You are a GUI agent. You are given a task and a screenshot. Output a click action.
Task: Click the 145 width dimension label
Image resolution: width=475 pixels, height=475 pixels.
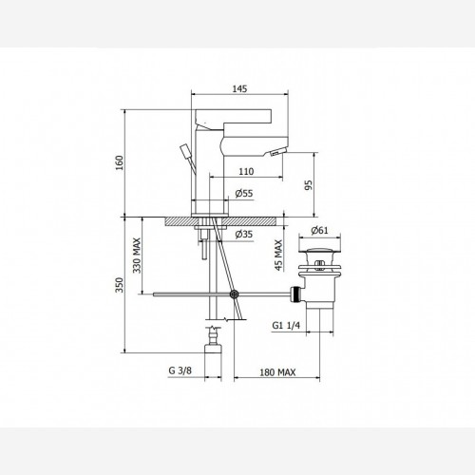coord(239,88)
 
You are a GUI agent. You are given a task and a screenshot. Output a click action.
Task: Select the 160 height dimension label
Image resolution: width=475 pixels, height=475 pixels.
coord(120,162)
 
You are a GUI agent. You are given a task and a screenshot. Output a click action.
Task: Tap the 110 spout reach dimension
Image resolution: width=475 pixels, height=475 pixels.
coord(246,171)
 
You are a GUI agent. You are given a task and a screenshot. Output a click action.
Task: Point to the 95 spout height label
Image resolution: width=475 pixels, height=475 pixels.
coord(308,185)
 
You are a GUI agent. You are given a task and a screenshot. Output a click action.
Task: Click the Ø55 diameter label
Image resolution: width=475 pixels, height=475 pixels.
coord(244,193)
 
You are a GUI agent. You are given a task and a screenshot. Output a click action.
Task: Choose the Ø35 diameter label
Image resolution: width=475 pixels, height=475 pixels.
coord(244,235)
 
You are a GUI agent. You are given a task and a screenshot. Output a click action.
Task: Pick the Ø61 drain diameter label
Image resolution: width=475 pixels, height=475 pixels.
coord(319,230)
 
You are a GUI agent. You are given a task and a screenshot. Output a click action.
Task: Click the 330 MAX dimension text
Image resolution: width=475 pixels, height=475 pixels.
coord(137,256)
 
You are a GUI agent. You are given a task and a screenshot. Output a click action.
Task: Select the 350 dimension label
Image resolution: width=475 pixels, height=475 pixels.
coord(120,285)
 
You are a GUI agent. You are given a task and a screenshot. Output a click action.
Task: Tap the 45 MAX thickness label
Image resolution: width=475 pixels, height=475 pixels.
coord(278,256)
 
